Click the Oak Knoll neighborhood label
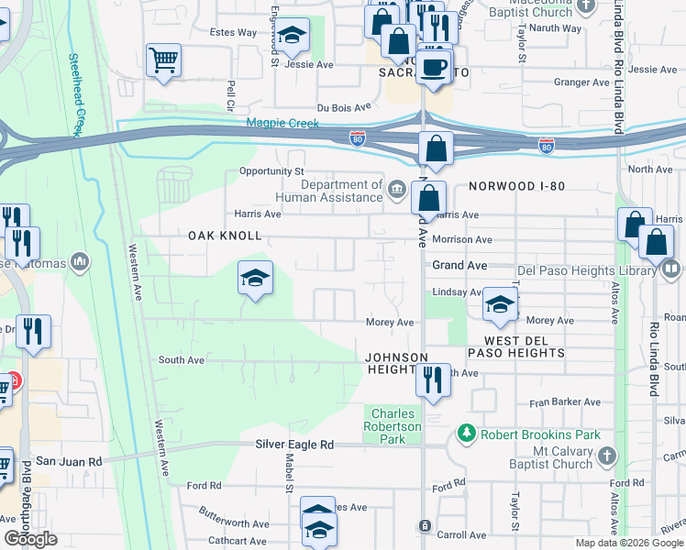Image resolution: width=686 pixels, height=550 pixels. point(225,236)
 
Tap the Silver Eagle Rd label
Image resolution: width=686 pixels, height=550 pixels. point(294,444)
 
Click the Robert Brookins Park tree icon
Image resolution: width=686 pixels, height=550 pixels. point(468,433)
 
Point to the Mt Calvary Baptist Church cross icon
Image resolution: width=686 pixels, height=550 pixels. point(606,456)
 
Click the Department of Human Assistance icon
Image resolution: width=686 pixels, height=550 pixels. point(396,190)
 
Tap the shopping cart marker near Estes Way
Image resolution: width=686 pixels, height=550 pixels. point(163,60)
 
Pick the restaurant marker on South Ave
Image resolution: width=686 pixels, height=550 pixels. point(433,379)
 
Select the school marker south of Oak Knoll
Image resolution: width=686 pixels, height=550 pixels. point(255,278)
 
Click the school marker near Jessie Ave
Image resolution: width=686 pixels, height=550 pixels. point(292,36)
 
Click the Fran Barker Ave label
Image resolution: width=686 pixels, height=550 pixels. point(564,401)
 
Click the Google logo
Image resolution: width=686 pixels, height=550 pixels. point(31,539)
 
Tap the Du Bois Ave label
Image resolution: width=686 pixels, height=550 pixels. point(344,107)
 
